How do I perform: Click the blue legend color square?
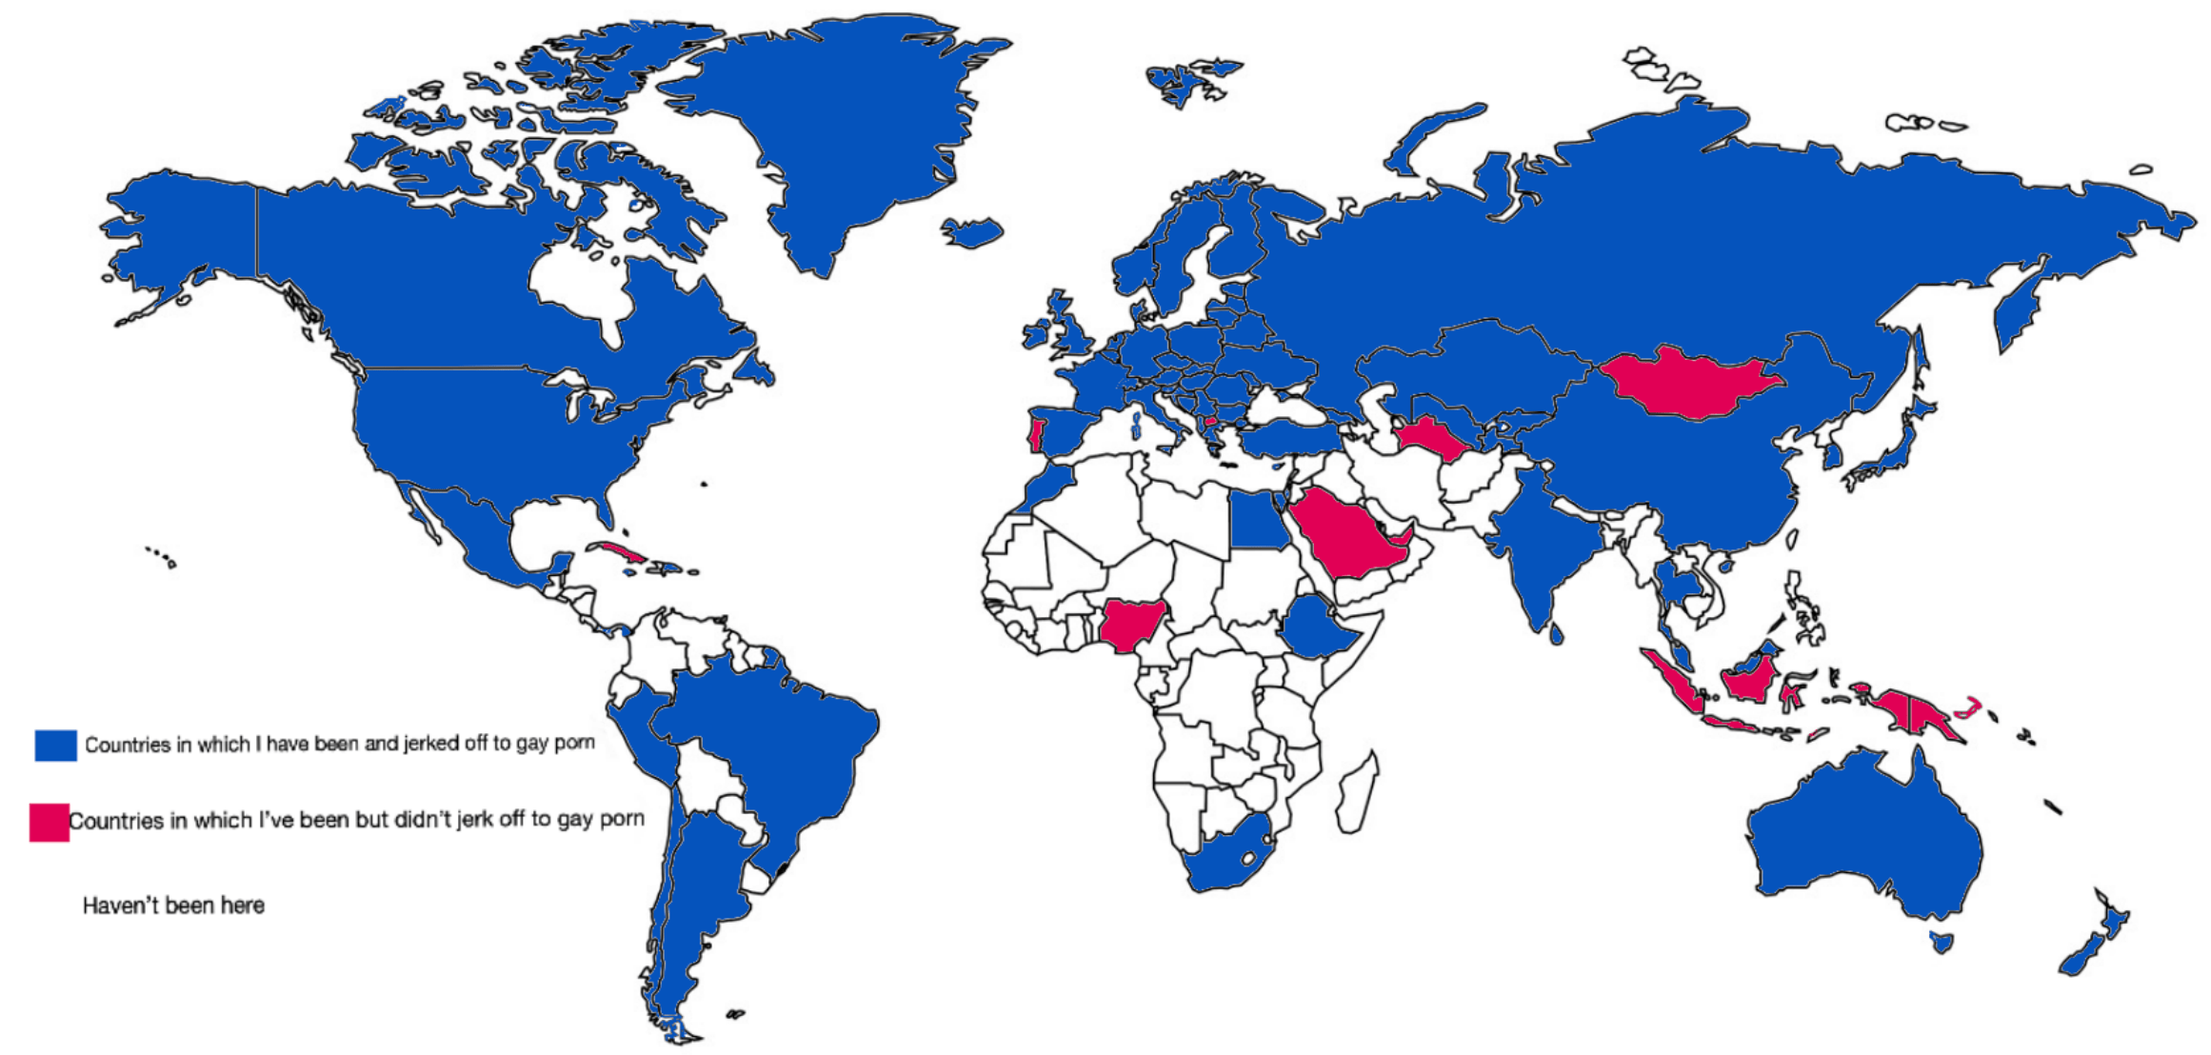(55, 746)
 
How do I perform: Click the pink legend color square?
(49, 823)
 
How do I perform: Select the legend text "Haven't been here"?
(173, 906)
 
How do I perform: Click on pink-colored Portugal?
(1036, 433)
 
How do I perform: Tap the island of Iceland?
(972, 231)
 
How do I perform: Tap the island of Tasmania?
(1941, 943)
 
